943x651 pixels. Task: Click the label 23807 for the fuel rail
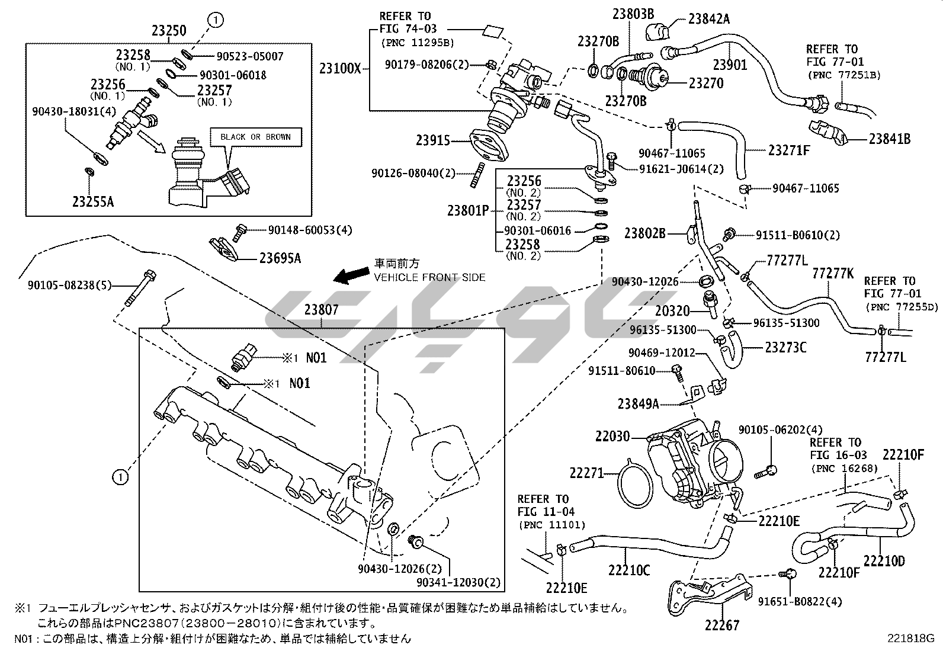[322, 309]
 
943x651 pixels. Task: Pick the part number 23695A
[280, 258]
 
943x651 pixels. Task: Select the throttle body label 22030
[612, 437]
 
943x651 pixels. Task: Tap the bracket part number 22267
[722, 625]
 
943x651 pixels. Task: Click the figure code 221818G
[910, 639]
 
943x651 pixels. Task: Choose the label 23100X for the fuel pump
[340, 69]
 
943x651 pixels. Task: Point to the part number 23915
[433, 140]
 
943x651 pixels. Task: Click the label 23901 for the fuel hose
[730, 65]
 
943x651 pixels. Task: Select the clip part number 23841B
[890, 139]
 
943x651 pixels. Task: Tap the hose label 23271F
[789, 150]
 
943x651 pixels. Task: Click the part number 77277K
[833, 273]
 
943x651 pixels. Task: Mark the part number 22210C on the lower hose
[628, 570]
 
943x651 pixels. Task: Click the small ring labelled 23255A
[89, 172]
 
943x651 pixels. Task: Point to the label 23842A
[709, 19]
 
